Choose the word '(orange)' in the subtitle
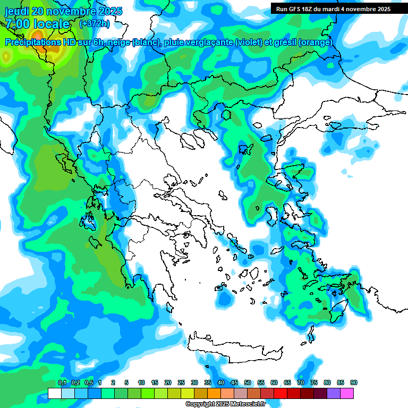[x=316, y=42]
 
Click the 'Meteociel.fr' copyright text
[x=245, y=404]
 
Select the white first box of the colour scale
[x=54, y=393]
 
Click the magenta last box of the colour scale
[x=347, y=393]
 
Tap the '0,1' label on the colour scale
[x=62, y=382]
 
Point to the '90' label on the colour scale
[x=354, y=382]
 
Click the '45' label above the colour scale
[x=234, y=382]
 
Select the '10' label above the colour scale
[x=141, y=382]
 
